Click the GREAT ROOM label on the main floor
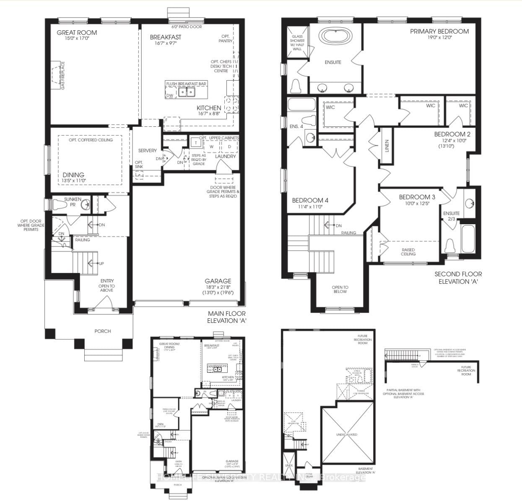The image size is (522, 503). pos(77,32)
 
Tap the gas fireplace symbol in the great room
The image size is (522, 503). pos(58,76)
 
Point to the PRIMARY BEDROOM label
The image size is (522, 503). pos(439,31)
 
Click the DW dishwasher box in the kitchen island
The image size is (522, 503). pos(170,95)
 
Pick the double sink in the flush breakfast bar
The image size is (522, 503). pos(187,92)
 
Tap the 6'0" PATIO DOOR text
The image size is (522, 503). pos(185,26)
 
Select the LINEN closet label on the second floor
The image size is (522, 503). pos(387,146)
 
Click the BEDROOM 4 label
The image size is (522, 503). pos(310,200)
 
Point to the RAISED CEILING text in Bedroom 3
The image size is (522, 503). pos(408,251)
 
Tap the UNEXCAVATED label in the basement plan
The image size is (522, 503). pos(346,435)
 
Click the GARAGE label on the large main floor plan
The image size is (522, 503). pos(218,281)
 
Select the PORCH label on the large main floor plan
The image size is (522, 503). pos(103,331)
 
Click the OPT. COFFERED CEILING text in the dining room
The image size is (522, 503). pos(91,140)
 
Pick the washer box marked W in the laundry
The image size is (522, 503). pos(211,146)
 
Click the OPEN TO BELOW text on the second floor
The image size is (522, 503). pos(340,289)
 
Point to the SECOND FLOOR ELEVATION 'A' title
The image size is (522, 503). pos(458,278)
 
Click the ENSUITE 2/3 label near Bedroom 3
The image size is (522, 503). pos(452,215)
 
